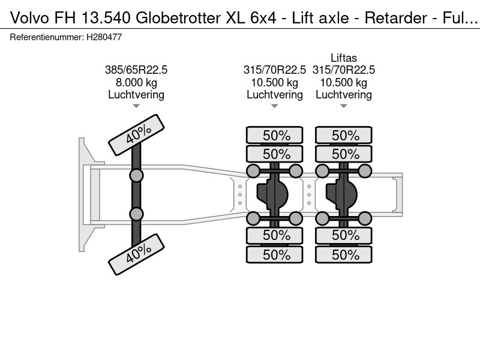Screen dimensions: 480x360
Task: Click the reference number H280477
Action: point(104,37)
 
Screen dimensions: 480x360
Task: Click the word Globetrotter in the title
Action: point(178,18)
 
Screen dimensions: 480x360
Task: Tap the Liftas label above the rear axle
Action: point(343,58)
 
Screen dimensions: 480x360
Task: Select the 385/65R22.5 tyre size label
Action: point(136,70)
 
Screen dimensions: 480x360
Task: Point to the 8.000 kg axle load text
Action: point(136,83)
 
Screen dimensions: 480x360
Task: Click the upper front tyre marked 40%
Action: point(137,134)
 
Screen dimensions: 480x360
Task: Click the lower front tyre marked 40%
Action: point(137,254)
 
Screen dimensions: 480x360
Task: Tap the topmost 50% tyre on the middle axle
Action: point(275,135)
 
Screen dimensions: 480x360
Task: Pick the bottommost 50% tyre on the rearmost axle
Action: point(343,254)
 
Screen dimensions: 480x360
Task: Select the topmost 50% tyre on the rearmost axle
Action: point(343,135)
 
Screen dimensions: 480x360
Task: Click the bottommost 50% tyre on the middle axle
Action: point(275,254)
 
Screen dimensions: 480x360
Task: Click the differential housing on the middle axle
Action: point(272,194)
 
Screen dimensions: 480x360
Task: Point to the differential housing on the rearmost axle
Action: point(341,194)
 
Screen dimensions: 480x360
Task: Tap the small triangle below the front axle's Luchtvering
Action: point(136,106)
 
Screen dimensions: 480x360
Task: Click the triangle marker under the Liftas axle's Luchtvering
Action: point(343,106)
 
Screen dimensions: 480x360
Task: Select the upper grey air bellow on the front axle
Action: point(136,176)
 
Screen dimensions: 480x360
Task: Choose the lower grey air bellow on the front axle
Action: point(136,214)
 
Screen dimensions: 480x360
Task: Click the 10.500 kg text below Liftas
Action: point(343,83)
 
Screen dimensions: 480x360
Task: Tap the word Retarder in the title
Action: point(395,18)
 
